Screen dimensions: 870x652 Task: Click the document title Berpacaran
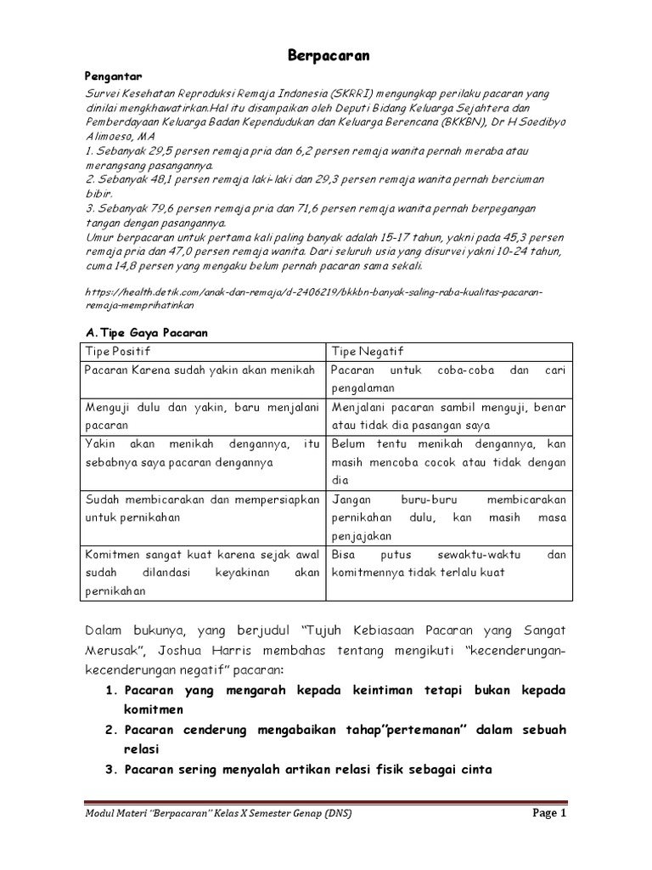[325, 56]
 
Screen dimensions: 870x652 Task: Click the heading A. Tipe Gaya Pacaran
[148, 334]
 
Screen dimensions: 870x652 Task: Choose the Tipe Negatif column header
[368, 352]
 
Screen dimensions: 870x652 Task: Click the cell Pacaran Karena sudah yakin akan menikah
[200, 370]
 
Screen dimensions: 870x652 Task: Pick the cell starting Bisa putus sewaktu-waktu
[448, 563]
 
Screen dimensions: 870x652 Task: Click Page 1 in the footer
[548, 812]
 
